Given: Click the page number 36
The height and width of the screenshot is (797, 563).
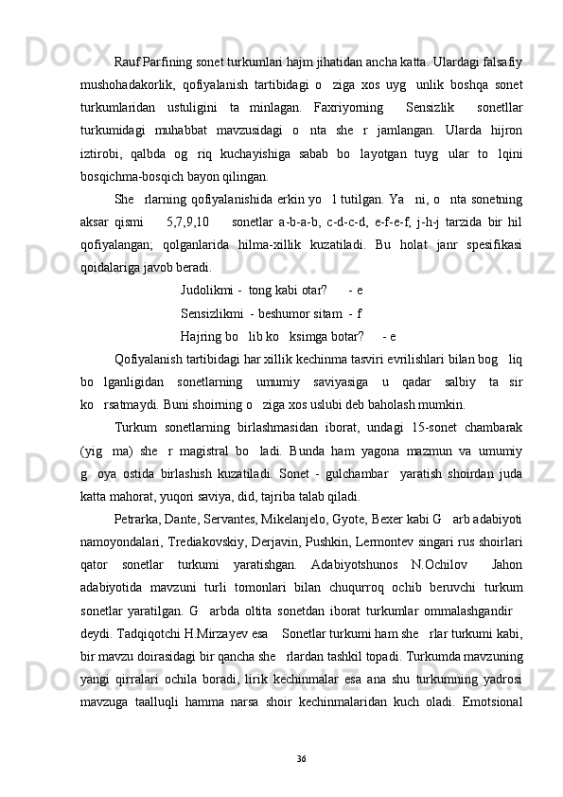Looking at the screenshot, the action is [x=301, y=759].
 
